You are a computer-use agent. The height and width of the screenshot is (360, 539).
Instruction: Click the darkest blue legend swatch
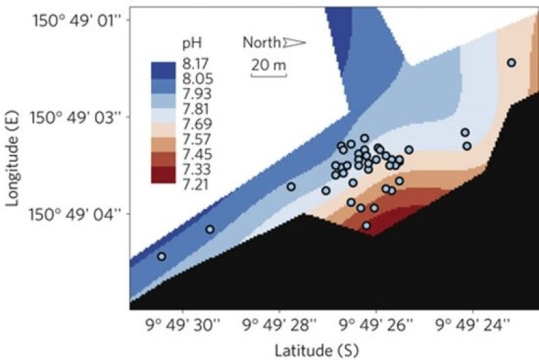pos(162,69)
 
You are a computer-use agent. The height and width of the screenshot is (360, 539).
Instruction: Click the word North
pos(261,43)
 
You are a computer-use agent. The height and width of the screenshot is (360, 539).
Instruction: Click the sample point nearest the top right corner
pos(511,63)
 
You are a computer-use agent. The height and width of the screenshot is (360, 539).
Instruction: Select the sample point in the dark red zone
pos(367,226)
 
